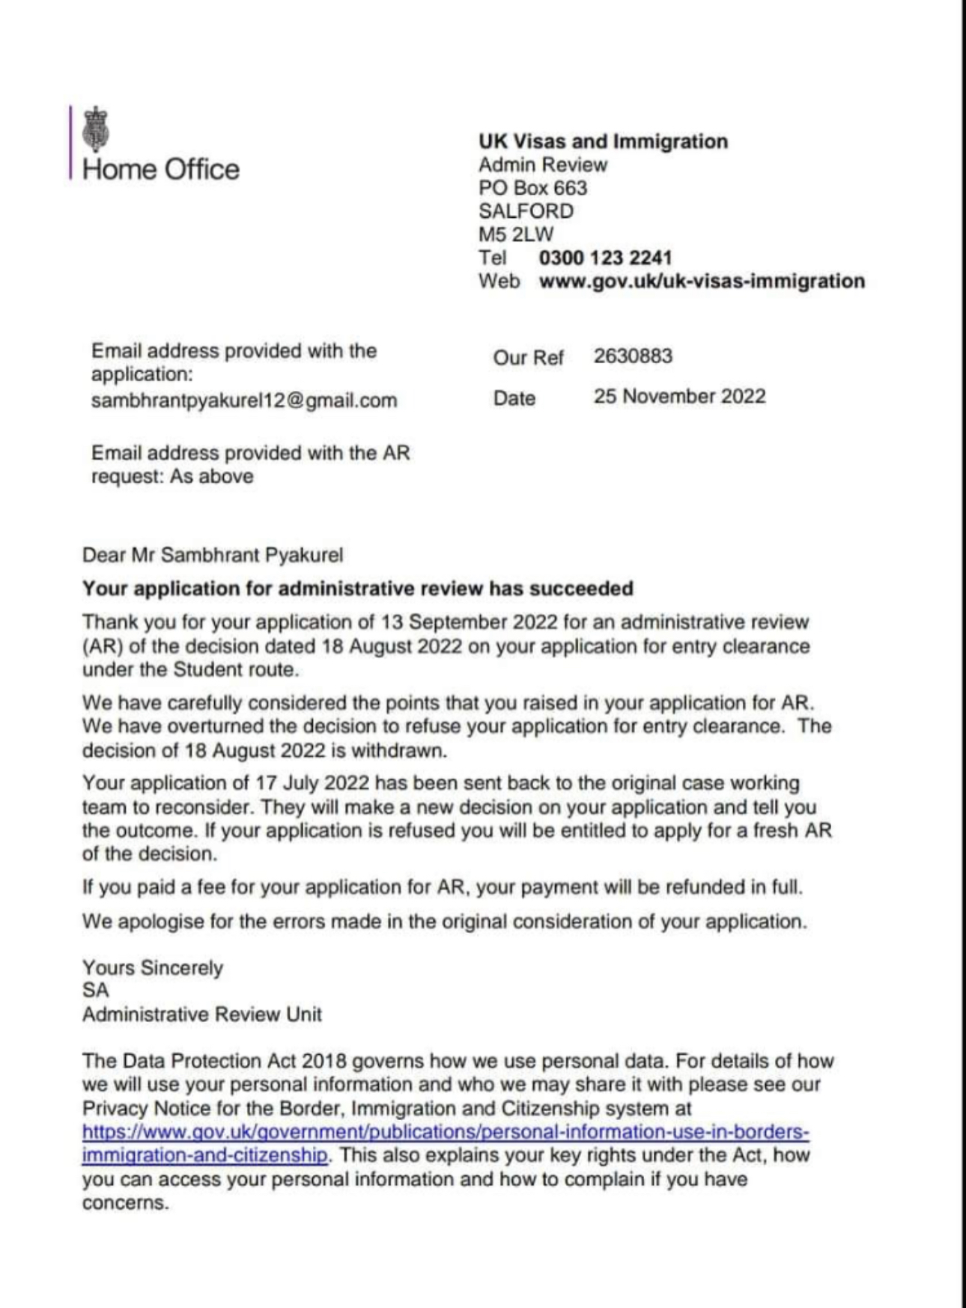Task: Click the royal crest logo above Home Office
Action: (96, 129)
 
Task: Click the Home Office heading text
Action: (161, 169)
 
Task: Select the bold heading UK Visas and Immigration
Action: (603, 142)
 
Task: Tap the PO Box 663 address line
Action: (532, 188)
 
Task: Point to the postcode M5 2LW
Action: (516, 234)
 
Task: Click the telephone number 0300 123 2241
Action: (605, 258)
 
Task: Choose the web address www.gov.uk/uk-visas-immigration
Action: (702, 282)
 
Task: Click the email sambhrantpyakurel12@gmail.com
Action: (244, 401)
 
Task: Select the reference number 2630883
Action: (633, 356)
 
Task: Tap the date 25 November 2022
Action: (679, 396)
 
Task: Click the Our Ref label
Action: (528, 358)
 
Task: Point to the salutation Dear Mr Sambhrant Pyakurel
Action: (213, 556)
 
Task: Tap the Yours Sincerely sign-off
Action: (153, 968)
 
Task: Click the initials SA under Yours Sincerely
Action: (96, 991)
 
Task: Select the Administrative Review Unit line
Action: (202, 1015)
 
